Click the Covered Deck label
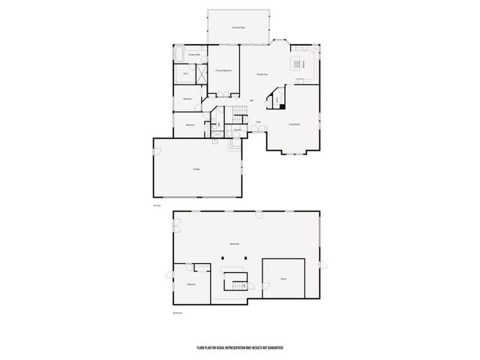[238, 28]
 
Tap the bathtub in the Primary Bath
[180, 55]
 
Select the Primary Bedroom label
[223, 70]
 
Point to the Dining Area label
[262, 74]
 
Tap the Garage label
[196, 169]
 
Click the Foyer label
[258, 121]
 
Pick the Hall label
[250, 100]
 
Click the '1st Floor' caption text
[156, 205]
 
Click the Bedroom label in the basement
[191, 284]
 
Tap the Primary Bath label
[193, 55]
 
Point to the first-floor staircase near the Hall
[239, 112]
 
